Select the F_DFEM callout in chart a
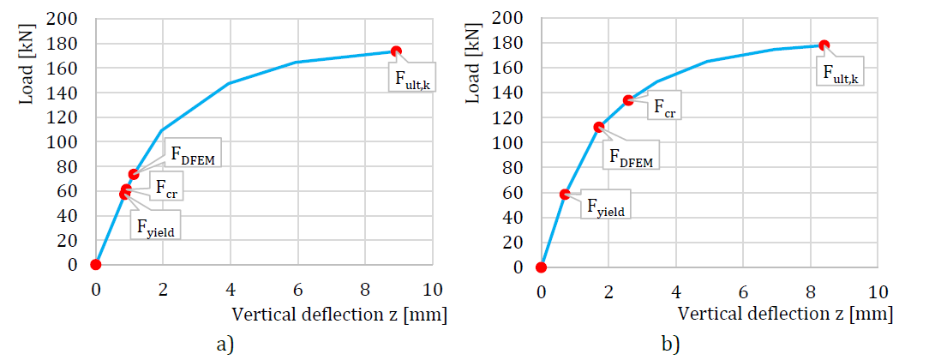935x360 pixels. point(193,154)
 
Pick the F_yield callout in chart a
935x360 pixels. point(158,226)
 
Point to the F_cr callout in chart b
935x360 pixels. point(661,105)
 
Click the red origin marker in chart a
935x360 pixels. point(96,264)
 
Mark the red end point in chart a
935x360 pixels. point(396,51)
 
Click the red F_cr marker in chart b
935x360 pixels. point(628,100)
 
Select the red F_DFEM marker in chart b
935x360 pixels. point(599,127)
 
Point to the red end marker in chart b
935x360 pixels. point(824,45)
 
